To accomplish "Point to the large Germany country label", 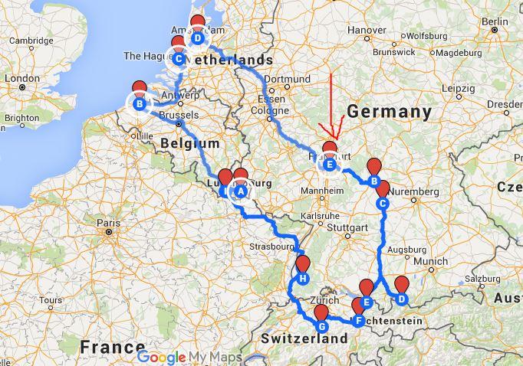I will pyautogui.click(x=390, y=112).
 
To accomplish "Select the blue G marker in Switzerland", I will pyautogui.click(x=321, y=326).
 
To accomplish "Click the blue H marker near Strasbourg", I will pyautogui.click(x=303, y=278).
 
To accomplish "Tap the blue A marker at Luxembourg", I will pyautogui.click(x=239, y=192).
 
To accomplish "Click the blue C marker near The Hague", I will pyautogui.click(x=178, y=58).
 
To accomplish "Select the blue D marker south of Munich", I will pyautogui.click(x=400, y=299).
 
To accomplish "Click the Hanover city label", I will pyautogui.click(x=367, y=30).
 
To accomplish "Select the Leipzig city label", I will pyautogui.click(x=458, y=88).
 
